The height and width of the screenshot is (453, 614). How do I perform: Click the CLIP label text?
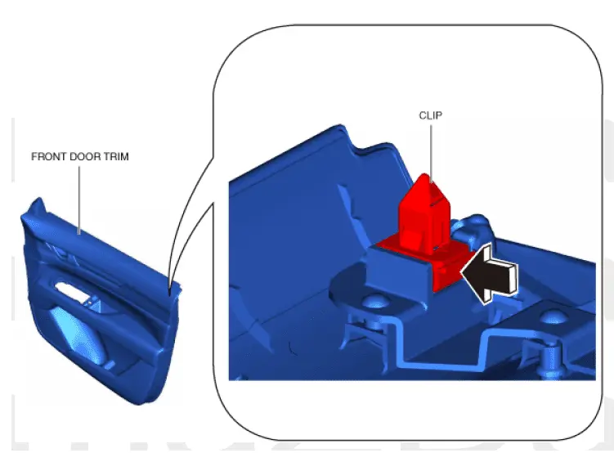431,115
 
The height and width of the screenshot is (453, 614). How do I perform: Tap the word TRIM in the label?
116,157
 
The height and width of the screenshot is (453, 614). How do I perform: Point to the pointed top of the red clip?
425,176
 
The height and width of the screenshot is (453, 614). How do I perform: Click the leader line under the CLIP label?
431,153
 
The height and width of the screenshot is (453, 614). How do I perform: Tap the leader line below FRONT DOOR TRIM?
79,200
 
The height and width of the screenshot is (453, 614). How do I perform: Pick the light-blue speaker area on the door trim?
78,336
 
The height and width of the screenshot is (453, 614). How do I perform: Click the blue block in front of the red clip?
397,274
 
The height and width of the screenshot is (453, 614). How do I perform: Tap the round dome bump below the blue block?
374,302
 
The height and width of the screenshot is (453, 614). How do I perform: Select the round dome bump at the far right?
553,316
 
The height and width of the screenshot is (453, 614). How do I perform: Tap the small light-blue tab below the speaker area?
110,365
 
